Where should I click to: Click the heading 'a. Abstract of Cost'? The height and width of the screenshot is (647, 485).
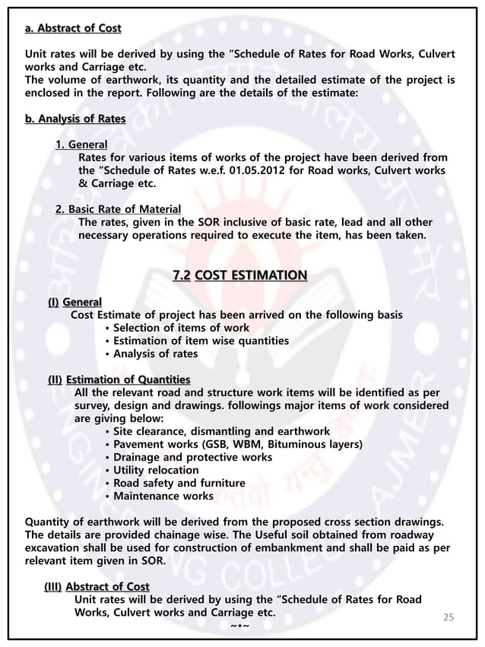tap(73, 29)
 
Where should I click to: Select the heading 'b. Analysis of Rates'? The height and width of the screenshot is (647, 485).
tap(75, 119)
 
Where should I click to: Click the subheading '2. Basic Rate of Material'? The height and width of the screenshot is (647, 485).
tap(119, 209)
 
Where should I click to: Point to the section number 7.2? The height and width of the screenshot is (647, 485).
tap(182, 274)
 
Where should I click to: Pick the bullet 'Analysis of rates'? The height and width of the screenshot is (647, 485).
tap(155, 354)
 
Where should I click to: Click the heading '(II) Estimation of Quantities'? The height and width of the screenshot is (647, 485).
tap(119, 379)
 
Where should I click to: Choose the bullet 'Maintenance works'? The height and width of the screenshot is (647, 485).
tap(163, 496)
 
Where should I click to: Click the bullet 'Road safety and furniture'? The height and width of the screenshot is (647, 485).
tap(179, 484)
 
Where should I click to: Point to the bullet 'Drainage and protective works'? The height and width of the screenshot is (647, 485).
tap(192, 457)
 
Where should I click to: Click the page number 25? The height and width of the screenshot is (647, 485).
tap(449, 617)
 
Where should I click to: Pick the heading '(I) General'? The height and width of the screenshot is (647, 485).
tap(74, 302)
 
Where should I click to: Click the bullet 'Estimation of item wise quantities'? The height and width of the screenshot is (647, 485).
tap(201, 341)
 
